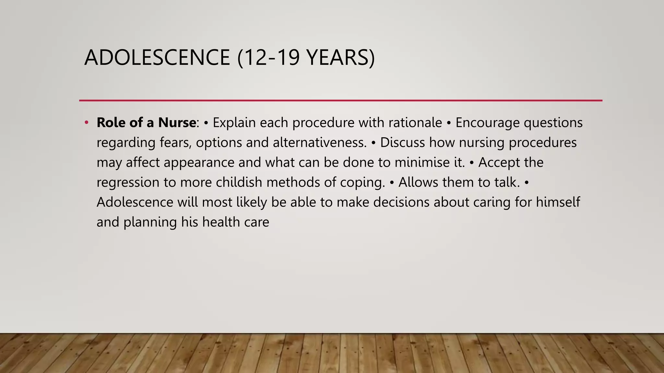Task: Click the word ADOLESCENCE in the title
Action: click(157, 58)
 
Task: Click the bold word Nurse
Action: click(177, 123)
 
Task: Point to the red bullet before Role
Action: click(86, 123)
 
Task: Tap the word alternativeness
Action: click(319, 143)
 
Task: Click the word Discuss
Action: click(402, 143)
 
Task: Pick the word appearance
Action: click(199, 163)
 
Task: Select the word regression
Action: click(128, 183)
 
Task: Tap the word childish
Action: click(239, 183)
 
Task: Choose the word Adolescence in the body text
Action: click(135, 202)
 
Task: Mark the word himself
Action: click(558, 202)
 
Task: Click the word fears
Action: click(175, 143)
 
